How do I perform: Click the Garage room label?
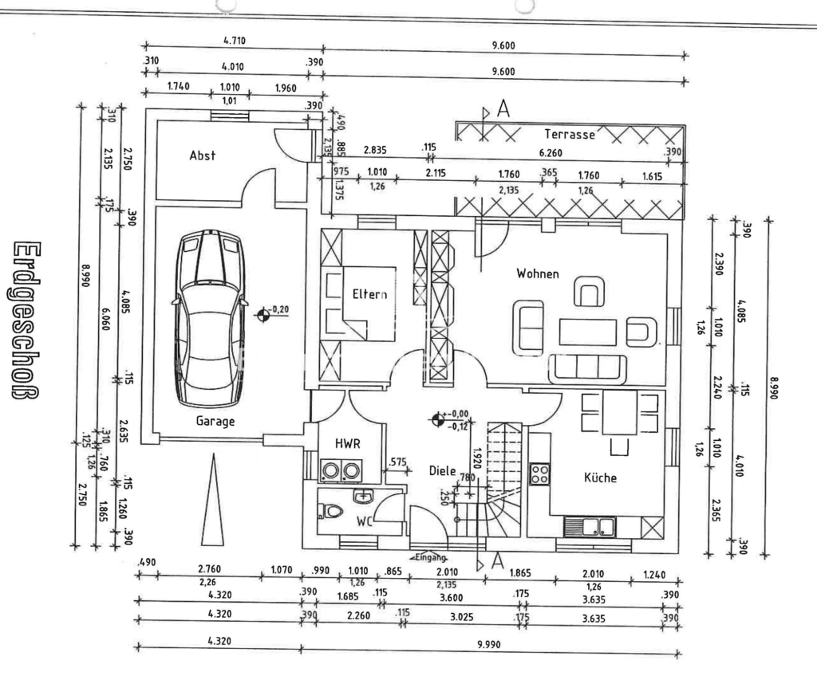215,422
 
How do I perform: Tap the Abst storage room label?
202,156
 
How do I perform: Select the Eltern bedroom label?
369,294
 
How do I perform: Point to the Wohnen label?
537,273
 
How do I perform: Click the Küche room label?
600,478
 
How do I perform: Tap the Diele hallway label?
442,471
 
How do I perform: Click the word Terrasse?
570,135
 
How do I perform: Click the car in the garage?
210,316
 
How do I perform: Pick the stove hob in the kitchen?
540,474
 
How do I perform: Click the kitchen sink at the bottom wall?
590,526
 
